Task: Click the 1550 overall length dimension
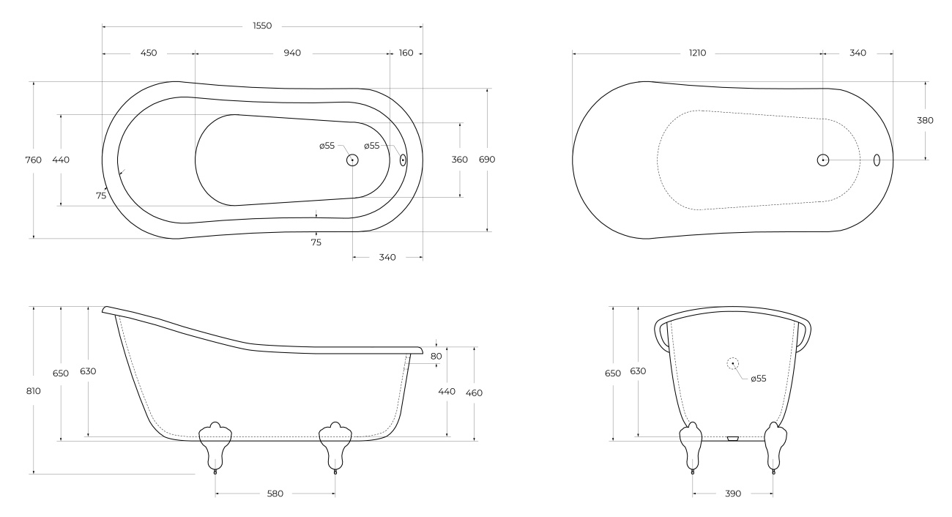point(262,26)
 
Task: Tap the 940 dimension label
point(292,53)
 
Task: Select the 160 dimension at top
point(406,53)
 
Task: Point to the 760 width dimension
point(34,160)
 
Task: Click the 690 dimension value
point(487,160)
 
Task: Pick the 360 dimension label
point(459,160)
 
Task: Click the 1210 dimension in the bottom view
point(697,53)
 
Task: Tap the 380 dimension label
point(925,121)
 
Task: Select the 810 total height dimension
point(34,391)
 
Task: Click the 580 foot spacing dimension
point(275,494)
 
